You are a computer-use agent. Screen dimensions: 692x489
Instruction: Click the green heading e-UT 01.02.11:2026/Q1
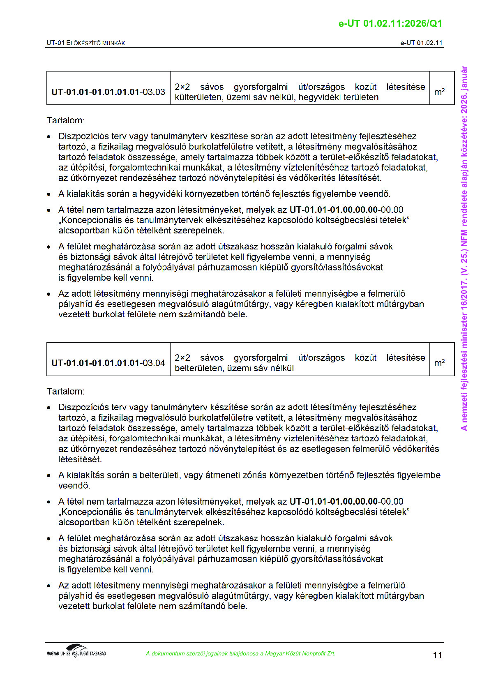390,23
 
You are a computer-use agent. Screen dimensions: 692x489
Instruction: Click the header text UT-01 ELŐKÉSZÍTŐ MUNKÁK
86,43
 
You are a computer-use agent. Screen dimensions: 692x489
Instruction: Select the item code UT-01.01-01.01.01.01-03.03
108,92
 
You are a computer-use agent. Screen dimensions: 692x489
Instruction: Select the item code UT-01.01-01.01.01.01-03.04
108,363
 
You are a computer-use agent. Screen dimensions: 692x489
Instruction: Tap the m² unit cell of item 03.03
439,92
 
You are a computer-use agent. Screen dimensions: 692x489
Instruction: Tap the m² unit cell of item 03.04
439,363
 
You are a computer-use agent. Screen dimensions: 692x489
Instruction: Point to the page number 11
438,655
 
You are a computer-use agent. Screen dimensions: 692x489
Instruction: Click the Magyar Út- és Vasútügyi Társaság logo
76,651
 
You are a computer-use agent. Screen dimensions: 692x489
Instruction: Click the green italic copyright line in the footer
240,653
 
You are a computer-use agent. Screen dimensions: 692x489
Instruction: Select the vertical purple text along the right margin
464,248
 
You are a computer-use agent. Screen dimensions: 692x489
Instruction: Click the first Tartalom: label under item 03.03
65,120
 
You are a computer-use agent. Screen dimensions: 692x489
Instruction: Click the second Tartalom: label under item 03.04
65,391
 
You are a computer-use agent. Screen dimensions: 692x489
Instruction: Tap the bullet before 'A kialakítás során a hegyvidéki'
49,194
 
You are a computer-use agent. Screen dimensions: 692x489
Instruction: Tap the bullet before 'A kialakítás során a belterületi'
49,476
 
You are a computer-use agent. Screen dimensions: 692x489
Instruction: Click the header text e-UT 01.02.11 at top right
421,43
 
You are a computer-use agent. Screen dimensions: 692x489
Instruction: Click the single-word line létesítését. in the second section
80,459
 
